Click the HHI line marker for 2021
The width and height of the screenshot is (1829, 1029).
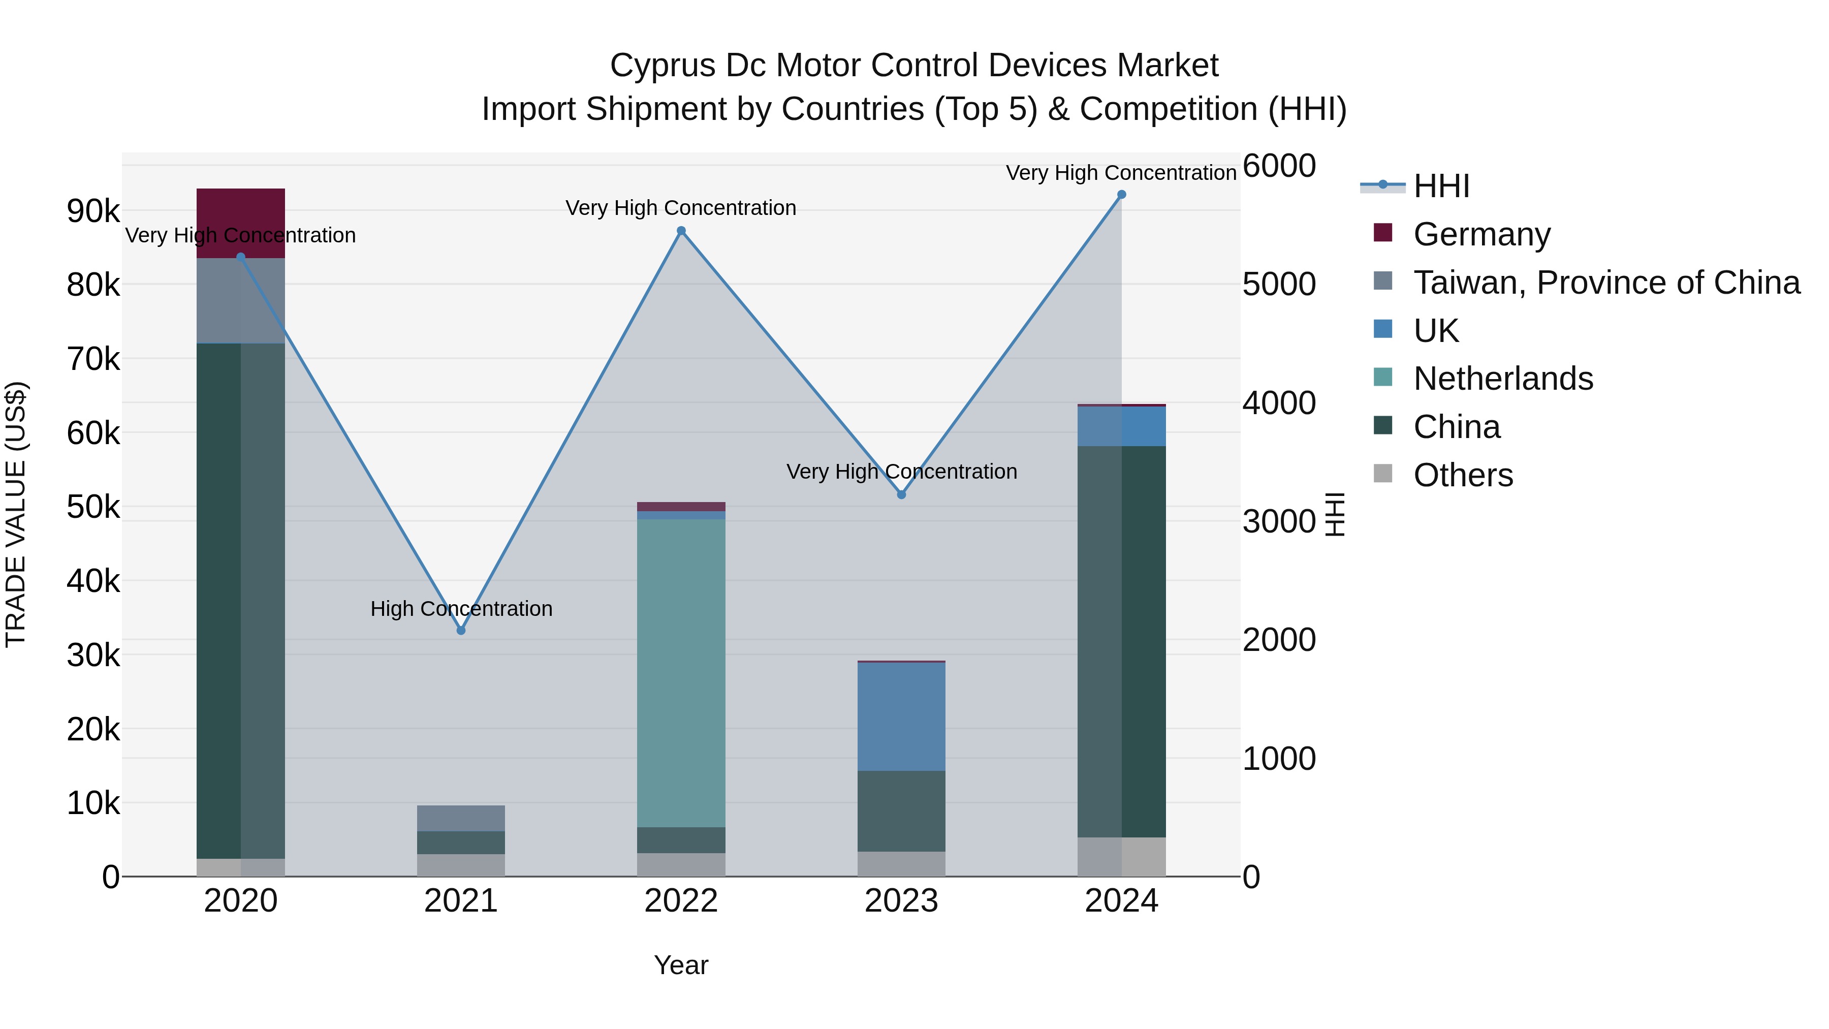[461, 630]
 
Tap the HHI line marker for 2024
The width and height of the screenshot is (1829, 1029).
[1121, 195]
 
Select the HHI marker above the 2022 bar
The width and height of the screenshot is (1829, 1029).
[681, 231]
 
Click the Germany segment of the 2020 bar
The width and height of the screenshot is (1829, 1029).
[241, 223]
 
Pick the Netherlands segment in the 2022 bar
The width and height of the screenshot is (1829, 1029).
[681, 672]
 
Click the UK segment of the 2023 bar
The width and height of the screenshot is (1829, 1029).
[901, 716]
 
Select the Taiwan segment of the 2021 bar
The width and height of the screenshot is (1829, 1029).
[461, 818]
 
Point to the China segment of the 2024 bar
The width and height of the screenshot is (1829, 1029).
[1121, 641]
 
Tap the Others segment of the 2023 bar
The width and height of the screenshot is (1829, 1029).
[901, 863]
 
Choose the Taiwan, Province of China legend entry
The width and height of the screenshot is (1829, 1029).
[1606, 283]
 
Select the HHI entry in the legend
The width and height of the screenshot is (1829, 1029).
[1441, 186]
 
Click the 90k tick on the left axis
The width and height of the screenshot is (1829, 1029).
[93, 211]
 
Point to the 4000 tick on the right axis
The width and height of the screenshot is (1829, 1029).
[1279, 402]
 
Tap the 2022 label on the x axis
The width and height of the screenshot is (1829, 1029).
[681, 901]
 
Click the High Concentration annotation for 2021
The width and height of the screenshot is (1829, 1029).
[461, 609]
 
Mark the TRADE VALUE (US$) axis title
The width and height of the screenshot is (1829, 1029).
[16, 514]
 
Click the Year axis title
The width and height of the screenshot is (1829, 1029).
[681, 965]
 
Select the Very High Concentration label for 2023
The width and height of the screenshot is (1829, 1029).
[901, 472]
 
